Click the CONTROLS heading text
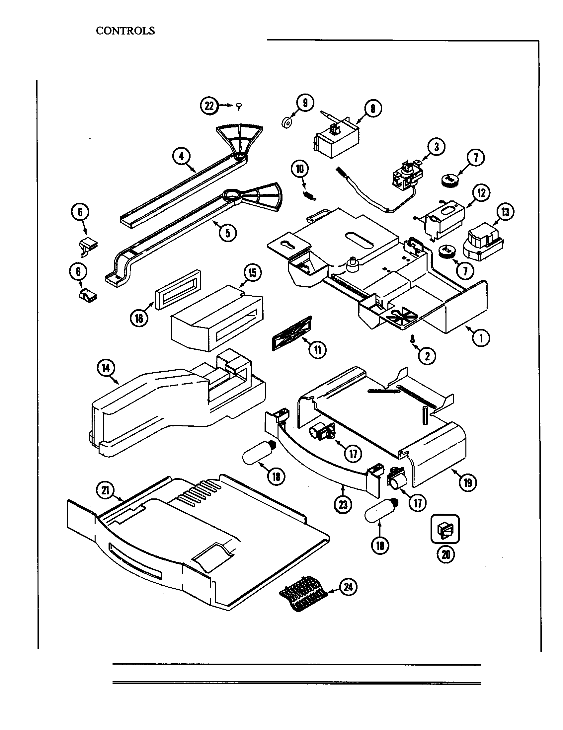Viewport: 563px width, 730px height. point(125,31)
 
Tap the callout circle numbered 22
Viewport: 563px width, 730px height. point(209,106)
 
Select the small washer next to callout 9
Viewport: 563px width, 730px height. point(286,123)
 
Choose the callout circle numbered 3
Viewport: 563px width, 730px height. point(436,147)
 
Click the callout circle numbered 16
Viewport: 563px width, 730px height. point(139,318)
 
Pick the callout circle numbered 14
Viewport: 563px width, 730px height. point(106,368)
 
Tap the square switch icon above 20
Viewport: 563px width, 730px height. point(444,529)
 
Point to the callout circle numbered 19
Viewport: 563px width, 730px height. point(468,483)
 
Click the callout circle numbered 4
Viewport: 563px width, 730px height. point(182,156)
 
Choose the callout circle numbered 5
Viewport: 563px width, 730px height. point(228,233)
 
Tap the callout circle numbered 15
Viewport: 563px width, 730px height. point(252,273)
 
